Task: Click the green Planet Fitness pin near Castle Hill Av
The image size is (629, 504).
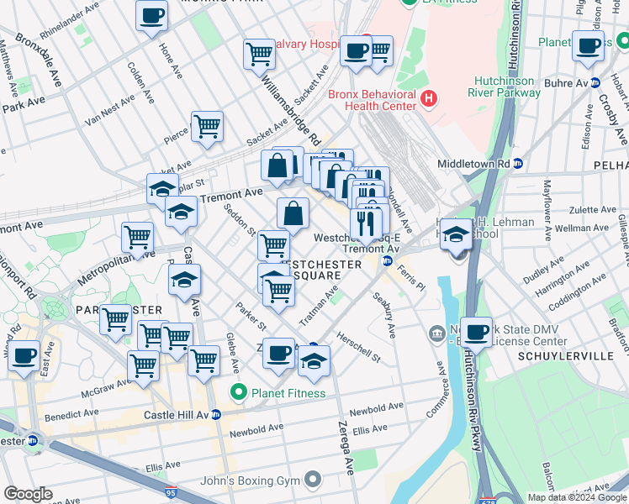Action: pyautogui.click(x=240, y=392)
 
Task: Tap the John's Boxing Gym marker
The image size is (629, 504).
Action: pyautogui.click(x=314, y=480)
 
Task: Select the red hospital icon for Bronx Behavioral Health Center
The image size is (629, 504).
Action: pyautogui.click(x=429, y=99)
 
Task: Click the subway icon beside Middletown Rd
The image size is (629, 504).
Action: pyautogui.click(x=518, y=163)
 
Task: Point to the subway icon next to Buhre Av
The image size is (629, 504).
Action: pyautogui.click(x=595, y=83)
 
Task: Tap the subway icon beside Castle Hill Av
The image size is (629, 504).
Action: pyautogui.click(x=215, y=415)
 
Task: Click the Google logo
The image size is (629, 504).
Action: pyautogui.click(x=29, y=494)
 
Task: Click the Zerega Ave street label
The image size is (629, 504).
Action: pyautogui.click(x=346, y=446)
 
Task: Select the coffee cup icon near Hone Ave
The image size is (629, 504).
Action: pyautogui.click(x=151, y=16)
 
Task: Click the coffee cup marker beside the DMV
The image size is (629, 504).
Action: pyautogui.click(x=476, y=333)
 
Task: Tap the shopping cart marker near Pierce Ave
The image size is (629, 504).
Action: pyautogui.click(x=207, y=127)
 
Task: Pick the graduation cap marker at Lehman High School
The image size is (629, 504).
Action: pyautogui.click(x=457, y=234)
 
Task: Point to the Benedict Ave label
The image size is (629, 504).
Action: pyautogui.click(x=67, y=415)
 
